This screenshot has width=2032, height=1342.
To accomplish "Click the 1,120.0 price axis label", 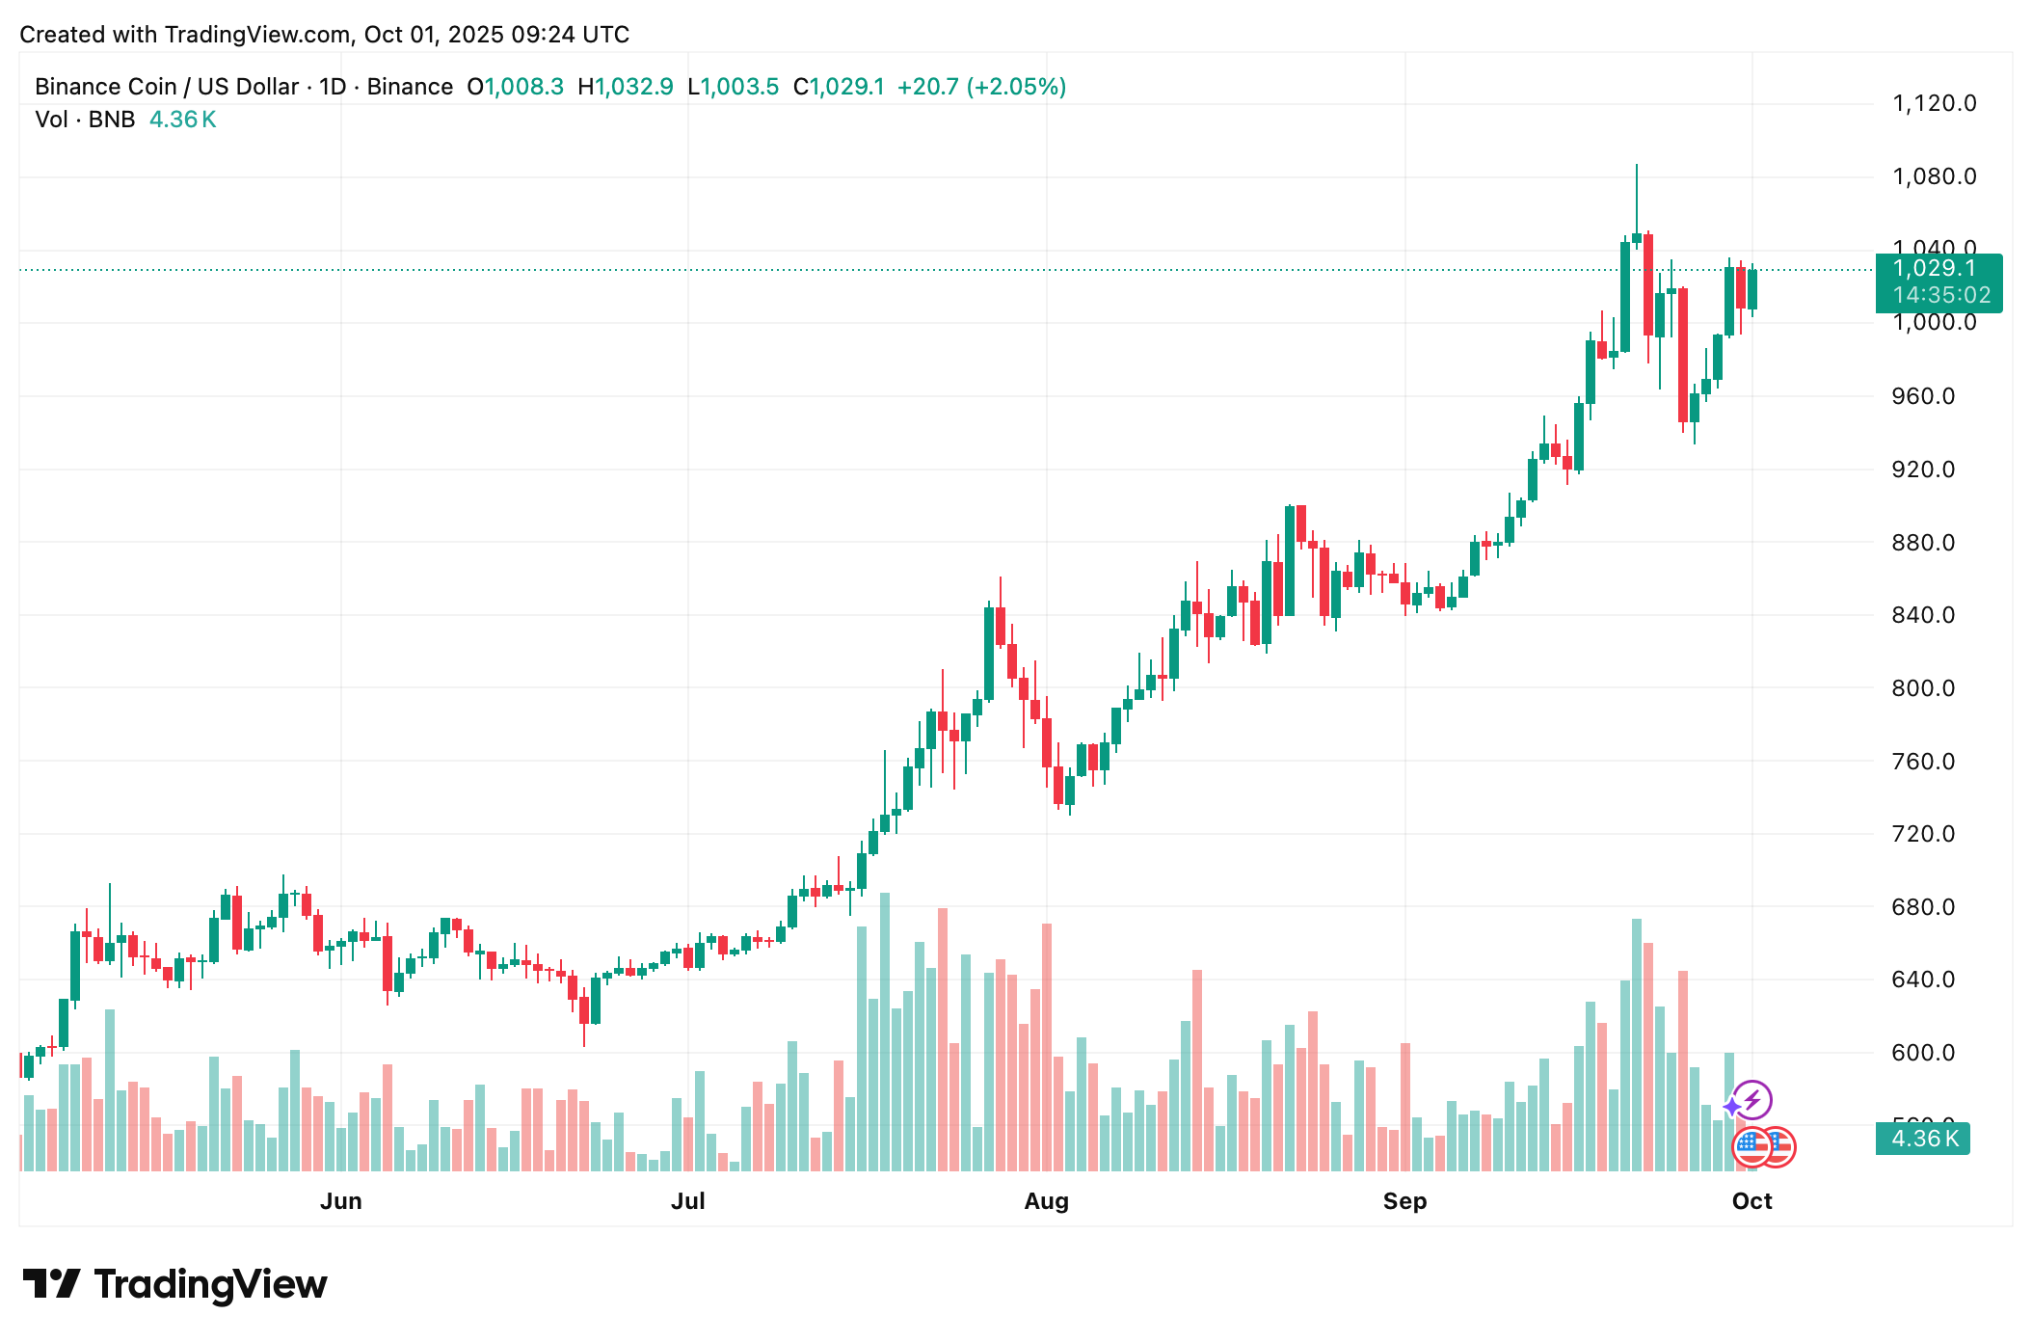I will [x=1934, y=103].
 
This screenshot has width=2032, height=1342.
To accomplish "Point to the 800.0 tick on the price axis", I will [x=1923, y=688].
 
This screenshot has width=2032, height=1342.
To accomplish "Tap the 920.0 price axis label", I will [x=1923, y=470].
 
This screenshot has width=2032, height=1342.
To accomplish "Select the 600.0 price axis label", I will [x=1923, y=1053].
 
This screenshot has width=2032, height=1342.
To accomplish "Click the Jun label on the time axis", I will [x=341, y=1201].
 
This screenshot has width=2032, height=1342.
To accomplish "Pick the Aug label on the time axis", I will [x=1046, y=1201].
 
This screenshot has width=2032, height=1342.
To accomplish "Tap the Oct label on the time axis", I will [x=1751, y=1201].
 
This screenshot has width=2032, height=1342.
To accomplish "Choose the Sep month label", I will [x=1404, y=1201].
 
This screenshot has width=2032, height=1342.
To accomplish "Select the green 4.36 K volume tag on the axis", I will [x=1923, y=1139].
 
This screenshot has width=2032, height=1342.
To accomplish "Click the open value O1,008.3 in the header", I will [x=516, y=87].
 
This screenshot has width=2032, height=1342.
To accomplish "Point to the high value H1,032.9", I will [x=626, y=87].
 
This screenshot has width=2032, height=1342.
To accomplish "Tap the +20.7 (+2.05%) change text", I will [x=981, y=87].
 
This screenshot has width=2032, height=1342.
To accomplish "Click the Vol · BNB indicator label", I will [x=85, y=120].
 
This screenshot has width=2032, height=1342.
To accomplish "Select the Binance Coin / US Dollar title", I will [x=167, y=87].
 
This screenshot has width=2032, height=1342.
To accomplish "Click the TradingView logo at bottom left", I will [x=175, y=1284].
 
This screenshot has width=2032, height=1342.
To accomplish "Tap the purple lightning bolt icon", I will [x=1752, y=1100].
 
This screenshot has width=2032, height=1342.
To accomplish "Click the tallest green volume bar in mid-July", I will [x=885, y=1032].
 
